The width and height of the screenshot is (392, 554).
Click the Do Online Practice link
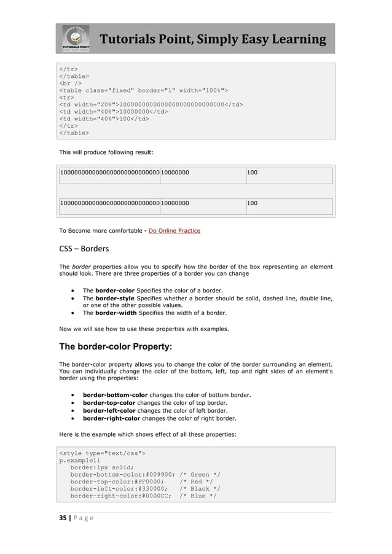[x=174, y=231]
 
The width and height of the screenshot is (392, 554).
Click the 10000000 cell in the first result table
[x=175, y=173]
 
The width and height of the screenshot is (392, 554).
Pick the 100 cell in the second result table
[x=252, y=202]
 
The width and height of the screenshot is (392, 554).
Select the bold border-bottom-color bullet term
[x=117, y=394]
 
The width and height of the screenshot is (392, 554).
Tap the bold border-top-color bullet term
[x=109, y=402]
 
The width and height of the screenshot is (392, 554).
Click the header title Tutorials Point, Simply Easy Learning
[x=213, y=40]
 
